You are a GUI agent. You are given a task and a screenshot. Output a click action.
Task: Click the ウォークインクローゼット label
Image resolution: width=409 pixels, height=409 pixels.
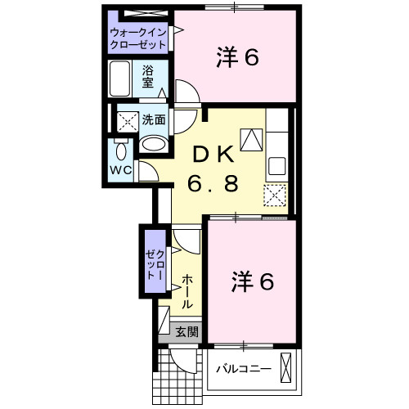pos(138,38)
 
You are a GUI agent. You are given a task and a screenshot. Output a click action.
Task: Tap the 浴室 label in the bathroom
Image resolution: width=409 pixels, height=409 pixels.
pos(148,77)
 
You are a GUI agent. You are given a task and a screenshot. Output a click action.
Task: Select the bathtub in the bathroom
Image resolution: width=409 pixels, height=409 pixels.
pos(119,79)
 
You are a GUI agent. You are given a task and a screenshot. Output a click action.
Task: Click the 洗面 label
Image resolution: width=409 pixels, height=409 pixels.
pos(154,119)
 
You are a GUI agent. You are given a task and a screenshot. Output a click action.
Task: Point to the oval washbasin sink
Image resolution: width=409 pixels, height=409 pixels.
pos(154,144)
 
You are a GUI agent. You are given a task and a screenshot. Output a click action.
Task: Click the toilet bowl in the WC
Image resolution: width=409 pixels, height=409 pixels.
pos(121,151)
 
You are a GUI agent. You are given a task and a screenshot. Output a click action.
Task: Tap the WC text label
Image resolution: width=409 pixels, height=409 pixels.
pos(121,170)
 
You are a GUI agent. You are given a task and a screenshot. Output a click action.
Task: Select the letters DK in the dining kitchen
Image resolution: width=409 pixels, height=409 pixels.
pos(213,155)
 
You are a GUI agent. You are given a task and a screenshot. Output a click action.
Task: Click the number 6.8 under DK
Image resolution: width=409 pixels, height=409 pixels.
pos(213,183)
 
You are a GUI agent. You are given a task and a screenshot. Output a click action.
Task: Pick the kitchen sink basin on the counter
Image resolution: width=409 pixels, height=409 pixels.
pos(277,166)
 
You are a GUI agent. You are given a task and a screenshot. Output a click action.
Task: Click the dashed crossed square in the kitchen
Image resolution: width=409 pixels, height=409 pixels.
pos(275,196)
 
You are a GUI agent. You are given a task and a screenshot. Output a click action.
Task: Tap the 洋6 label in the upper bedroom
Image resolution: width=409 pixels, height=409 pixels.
pos(237,57)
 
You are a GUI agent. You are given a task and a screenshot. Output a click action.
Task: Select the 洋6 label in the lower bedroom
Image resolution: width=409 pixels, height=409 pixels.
pos(253,281)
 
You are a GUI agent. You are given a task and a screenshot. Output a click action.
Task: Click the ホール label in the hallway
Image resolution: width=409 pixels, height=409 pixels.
pos(187,292)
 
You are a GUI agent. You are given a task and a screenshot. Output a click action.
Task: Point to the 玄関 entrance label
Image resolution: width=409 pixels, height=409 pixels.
pos(187,332)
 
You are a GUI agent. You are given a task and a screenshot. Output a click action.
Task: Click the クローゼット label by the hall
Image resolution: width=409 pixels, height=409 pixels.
pos(155,265)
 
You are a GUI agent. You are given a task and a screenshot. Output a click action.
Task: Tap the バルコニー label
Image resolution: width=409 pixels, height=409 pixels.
pos(244,369)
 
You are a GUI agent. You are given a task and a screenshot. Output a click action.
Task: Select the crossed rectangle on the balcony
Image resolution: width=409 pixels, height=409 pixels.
pos(285,367)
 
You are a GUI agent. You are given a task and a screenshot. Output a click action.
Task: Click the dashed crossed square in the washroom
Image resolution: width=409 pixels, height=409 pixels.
pos(128,122)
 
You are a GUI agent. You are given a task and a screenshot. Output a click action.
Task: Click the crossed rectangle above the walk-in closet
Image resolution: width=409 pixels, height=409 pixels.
pos(146,13)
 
